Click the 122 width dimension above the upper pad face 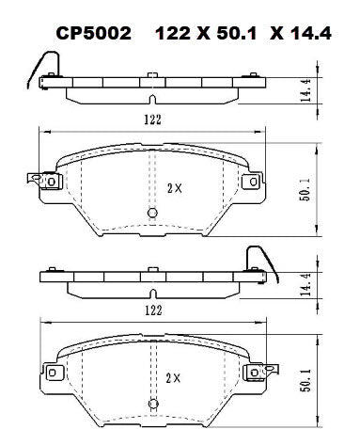click(153, 119)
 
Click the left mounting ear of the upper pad click(40, 181)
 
